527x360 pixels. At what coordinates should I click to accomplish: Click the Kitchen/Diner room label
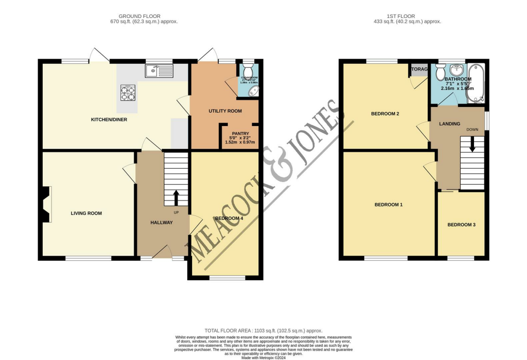pyautogui.click(x=109, y=120)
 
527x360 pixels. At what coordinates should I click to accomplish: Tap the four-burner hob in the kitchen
pyautogui.click(x=128, y=93)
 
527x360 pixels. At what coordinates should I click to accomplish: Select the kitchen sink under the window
pyautogui.click(x=160, y=71)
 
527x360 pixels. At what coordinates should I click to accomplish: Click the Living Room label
pyautogui.click(x=86, y=213)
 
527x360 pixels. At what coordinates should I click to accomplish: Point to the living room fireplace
pyautogui.click(x=46, y=204)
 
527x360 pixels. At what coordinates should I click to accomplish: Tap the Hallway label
pyautogui.click(x=161, y=222)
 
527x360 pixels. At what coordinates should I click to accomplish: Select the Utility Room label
pyautogui.click(x=225, y=111)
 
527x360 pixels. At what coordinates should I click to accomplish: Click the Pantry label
pyautogui.click(x=240, y=133)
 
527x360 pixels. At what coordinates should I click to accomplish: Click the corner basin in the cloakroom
pyautogui.click(x=253, y=91)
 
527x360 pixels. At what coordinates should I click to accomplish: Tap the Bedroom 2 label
pyautogui.click(x=385, y=114)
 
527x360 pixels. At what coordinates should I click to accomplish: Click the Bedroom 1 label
pyautogui.click(x=388, y=205)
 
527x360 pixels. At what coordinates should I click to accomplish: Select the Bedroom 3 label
pyautogui.click(x=461, y=225)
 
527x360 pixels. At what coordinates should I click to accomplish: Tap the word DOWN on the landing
pyautogui.click(x=472, y=130)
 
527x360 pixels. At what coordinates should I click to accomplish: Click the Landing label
pyautogui.click(x=449, y=124)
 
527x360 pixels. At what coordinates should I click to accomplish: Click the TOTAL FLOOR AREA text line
pyautogui.click(x=263, y=330)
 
